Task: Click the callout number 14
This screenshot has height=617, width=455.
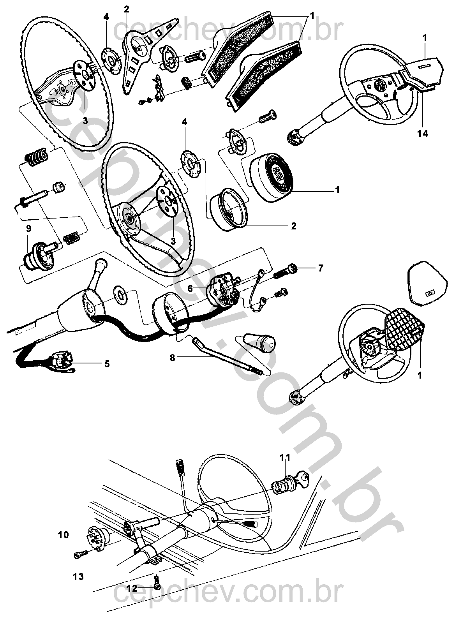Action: tap(423, 134)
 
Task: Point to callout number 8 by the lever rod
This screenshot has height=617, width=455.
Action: tap(172, 358)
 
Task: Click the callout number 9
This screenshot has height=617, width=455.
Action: tap(28, 228)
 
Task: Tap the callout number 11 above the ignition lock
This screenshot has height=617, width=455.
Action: tap(285, 457)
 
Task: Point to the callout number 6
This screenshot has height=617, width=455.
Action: tap(190, 288)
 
